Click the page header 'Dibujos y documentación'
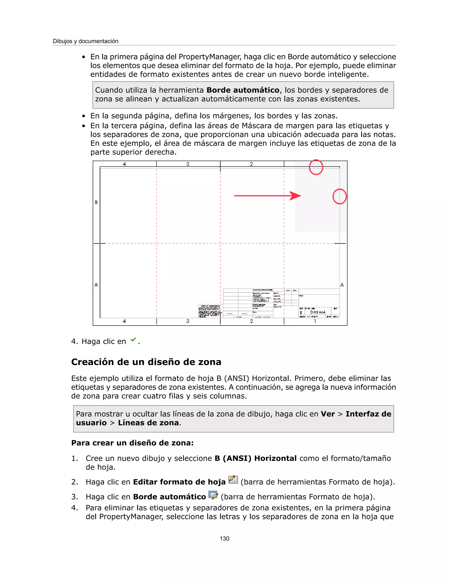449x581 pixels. (85, 41)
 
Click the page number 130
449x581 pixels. (224, 539)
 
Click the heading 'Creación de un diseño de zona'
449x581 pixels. (146, 362)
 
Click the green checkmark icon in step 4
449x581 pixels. (133, 340)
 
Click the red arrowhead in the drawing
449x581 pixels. (295, 196)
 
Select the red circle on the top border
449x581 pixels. (316, 167)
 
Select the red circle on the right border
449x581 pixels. (339, 197)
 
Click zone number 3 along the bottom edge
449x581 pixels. (188, 321)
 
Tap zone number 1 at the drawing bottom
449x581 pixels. (315, 321)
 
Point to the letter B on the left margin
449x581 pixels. (96, 202)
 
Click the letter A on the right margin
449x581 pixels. (342, 285)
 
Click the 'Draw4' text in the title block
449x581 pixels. (318, 312)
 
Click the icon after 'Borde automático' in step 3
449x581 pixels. (213, 495)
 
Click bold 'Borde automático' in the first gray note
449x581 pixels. (243, 90)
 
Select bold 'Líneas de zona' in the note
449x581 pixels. (148, 423)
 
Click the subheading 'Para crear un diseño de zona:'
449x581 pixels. (132, 443)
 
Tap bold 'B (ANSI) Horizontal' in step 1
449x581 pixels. (255, 458)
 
